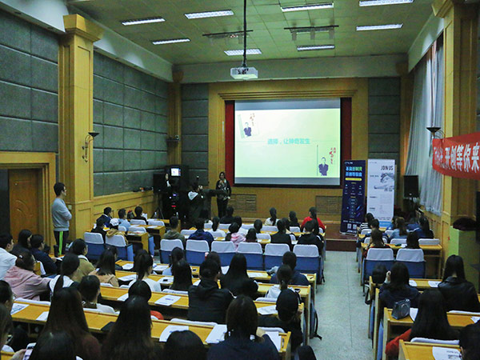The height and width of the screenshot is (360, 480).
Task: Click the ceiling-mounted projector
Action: (x=244, y=73)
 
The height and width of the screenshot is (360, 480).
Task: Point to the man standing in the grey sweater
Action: (x=61, y=214)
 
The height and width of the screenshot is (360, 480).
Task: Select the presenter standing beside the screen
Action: (x=222, y=194)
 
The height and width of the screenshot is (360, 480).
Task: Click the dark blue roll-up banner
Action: (x=353, y=195)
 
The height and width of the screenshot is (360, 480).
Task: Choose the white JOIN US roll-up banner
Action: (x=381, y=190)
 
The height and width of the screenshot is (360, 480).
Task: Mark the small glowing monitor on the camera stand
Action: (x=175, y=171)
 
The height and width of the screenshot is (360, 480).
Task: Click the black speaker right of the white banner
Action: (x=410, y=186)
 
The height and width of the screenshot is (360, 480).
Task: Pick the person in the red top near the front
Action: (x=312, y=217)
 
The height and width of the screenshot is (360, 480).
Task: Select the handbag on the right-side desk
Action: (x=400, y=309)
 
